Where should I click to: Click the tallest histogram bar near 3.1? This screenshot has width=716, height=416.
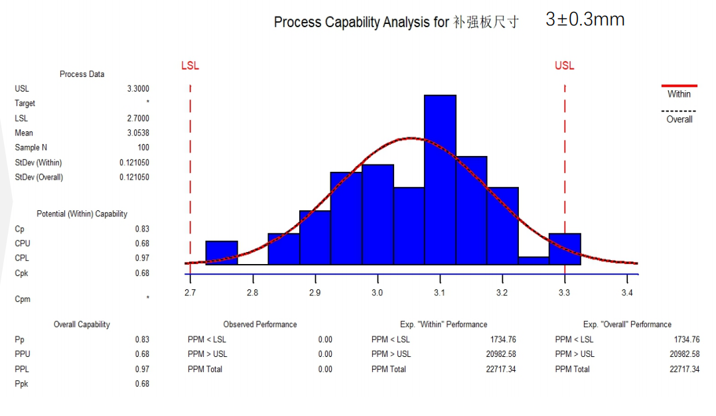click(x=440, y=179)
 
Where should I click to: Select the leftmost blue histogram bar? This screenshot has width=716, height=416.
click(x=222, y=253)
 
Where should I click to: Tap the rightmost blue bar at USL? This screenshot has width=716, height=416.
click(x=565, y=249)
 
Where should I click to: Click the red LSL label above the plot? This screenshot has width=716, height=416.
click(x=190, y=66)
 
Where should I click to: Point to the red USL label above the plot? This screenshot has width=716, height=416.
click(x=565, y=66)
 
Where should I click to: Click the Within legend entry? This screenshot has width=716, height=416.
click(x=679, y=94)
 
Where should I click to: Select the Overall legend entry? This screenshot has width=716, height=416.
click(x=679, y=119)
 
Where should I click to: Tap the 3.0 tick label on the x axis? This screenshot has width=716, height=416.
click(x=377, y=293)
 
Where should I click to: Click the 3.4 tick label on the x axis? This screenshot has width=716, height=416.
click(x=627, y=293)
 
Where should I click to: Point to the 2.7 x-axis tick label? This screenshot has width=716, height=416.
click(x=190, y=293)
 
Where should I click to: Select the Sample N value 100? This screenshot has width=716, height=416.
click(x=143, y=147)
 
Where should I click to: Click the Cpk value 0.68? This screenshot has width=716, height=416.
click(x=141, y=273)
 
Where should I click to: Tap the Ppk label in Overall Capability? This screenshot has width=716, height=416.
click(x=22, y=383)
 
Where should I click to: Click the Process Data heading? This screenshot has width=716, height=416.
click(x=82, y=74)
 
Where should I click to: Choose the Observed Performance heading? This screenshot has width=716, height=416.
click(x=260, y=324)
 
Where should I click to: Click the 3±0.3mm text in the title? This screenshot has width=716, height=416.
click(x=585, y=19)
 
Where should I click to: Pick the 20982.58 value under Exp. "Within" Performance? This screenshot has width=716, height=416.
click(x=501, y=354)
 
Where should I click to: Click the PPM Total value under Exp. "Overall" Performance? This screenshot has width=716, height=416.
click(x=684, y=369)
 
